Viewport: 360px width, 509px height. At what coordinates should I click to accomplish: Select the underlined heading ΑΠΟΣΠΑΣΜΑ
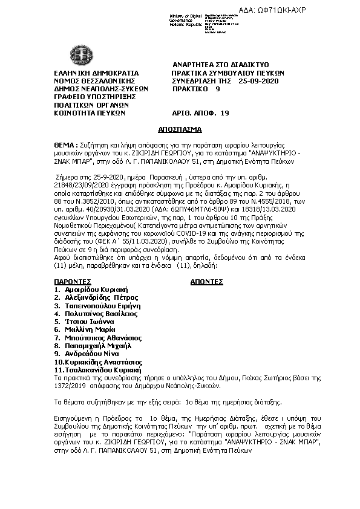180,129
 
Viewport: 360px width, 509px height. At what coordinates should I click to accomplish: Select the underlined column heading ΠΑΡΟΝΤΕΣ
73,282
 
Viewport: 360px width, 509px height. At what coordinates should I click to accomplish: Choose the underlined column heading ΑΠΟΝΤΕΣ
207,282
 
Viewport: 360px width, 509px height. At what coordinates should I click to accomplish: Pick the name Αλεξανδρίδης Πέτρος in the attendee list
102,297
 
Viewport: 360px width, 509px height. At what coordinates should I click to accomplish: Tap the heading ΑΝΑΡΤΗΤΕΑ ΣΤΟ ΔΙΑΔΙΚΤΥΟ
221,64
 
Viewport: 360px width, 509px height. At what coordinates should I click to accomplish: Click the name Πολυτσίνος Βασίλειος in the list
101,313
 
